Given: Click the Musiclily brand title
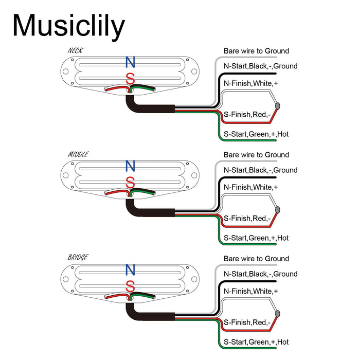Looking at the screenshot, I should [68, 25].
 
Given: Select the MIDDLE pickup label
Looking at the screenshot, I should [78, 154].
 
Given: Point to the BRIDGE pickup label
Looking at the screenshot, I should [78, 257].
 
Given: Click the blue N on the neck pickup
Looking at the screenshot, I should [130, 63].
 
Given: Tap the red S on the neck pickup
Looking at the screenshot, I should [130, 79].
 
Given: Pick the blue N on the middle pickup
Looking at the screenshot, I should [130, 166].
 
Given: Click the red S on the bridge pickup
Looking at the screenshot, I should [130, 286].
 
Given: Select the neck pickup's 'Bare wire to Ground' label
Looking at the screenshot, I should [256, 51].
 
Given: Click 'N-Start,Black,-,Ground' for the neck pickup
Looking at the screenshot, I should [260, 66].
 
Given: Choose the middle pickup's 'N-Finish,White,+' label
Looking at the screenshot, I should [250, 187].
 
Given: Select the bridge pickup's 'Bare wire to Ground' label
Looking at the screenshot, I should [256, 259].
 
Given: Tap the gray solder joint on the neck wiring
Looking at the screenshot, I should [278, 106].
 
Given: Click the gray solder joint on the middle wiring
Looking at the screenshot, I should [278, 210].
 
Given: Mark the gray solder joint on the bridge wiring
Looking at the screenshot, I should [278, 314].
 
